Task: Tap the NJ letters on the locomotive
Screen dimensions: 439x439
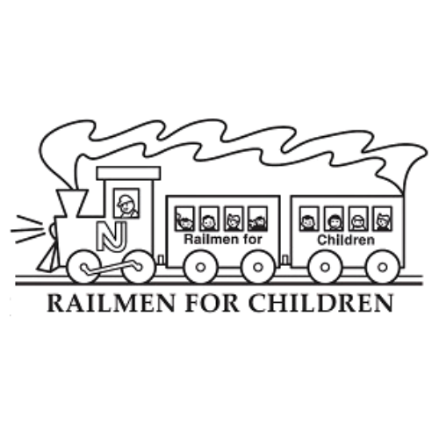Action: click(x=112, y=236)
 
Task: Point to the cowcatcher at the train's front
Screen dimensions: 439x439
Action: click(x=47, y=258)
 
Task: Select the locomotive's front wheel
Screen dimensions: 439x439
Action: click(x=84, y=267)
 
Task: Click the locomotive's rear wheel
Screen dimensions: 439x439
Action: click(x=137, y=267)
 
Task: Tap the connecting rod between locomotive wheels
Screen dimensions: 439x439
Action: click(x=112, y=267)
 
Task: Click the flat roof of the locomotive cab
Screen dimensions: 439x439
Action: click(x=128, y=173)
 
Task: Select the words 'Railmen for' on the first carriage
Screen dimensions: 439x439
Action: click(x=223, y=240)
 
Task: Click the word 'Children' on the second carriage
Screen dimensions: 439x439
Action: click(x=346, y=241)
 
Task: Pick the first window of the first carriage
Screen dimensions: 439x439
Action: click(x=184, y=219)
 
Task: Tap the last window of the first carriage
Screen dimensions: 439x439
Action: click(x=257, y=219)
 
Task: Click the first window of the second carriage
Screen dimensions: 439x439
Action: click(x=309, y=219)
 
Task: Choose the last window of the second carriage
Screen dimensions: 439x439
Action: click(x=382, y=219)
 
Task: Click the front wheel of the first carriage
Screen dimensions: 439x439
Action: click(x=200, y=267)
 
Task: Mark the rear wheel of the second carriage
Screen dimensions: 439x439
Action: click(x=383, y=267)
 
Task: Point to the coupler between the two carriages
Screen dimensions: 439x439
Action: click(x=285, y=259)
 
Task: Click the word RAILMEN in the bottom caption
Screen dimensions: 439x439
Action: click(x=111, y=304)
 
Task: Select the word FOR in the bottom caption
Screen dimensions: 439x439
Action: click(x=212, y=304)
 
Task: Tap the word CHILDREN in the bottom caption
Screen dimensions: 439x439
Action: click(x=320, y=304)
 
